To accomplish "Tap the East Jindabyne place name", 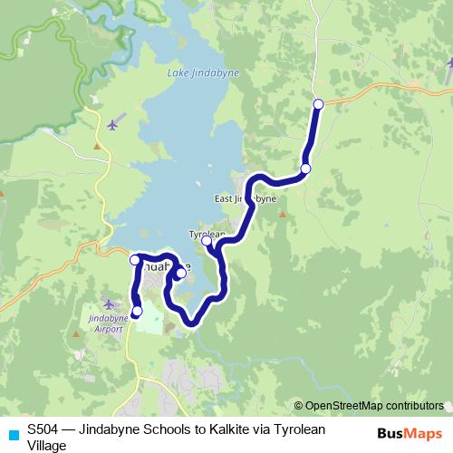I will click(238, 198).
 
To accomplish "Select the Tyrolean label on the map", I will click(205, 233).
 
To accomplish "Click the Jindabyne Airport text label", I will click(108, 324).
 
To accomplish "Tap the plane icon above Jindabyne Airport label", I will click(109, 304).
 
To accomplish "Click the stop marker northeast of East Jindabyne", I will click(306, 169).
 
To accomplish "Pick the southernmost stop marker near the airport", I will click(138, 312).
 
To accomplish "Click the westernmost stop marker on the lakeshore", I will click(135, 260).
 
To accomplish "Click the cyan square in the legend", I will click(13, 434).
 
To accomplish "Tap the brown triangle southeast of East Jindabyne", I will click(281, 215).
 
